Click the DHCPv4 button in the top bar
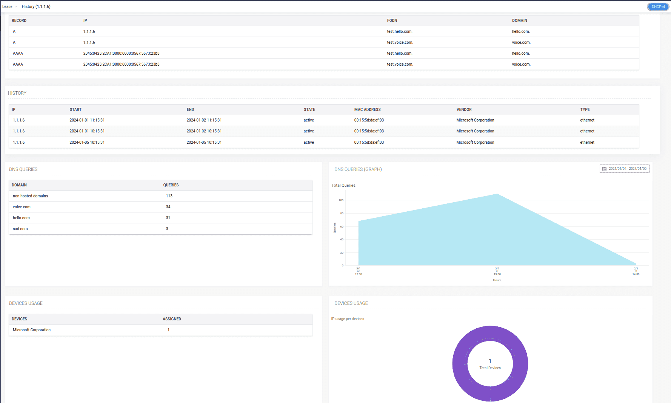tap(658, 6)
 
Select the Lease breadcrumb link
tap(7, 6)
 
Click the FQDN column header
tap(392, 20)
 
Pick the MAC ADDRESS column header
tap(367, 109)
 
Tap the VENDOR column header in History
tap(464, 109)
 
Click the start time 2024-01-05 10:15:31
tap(87, 142)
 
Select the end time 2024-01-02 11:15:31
tap(204, 120)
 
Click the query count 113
tap(169, 196)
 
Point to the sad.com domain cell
tap(20, 229)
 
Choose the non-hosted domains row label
tap(30, 196)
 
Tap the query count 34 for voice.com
tap(168, 207)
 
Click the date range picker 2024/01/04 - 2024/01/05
tap(625, 169)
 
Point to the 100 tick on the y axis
tap(341, 200)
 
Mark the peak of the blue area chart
tap(497, 194)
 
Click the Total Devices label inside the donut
tap(490, 368)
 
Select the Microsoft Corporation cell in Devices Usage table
tap(32, 330)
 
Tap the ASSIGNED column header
tap(172, 319)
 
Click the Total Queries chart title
tap(343, 185)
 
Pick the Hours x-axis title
tap(497, 280)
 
